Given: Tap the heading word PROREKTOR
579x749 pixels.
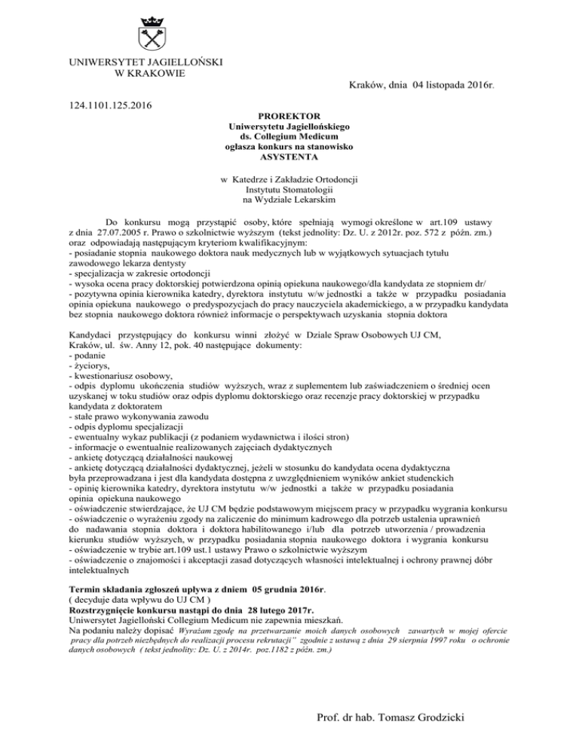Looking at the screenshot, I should point(289,117).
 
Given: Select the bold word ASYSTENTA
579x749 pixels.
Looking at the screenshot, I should point(289,159).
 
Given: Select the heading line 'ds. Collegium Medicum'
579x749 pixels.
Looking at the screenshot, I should point(289,138).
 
